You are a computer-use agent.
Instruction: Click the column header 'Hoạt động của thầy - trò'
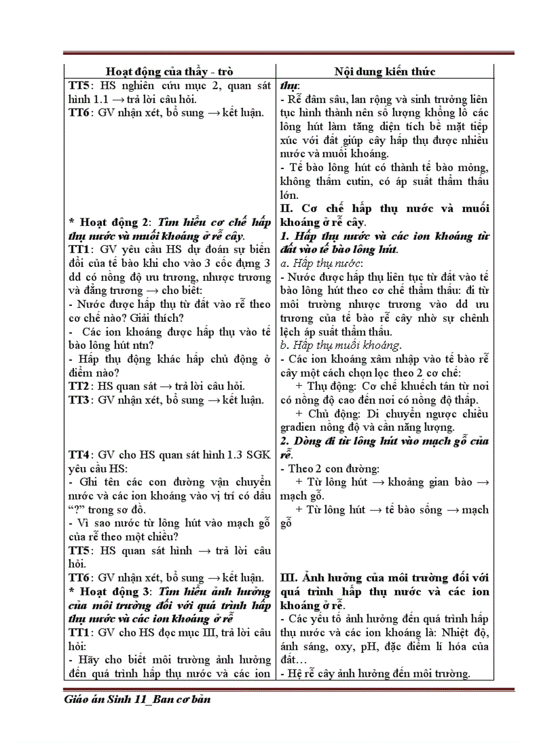pos(169,71)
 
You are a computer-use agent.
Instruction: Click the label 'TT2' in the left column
pos(79,386)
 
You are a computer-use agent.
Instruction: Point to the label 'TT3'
pos(79,400)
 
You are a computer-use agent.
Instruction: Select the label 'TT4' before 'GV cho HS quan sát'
pos(79,455)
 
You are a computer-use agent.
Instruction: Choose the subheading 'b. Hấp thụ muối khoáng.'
pos(340,345)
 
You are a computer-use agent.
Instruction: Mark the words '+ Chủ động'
pos(324,414)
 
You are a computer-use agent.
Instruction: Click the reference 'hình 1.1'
pos(87,99)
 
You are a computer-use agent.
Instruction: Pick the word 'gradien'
pos(300,427)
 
